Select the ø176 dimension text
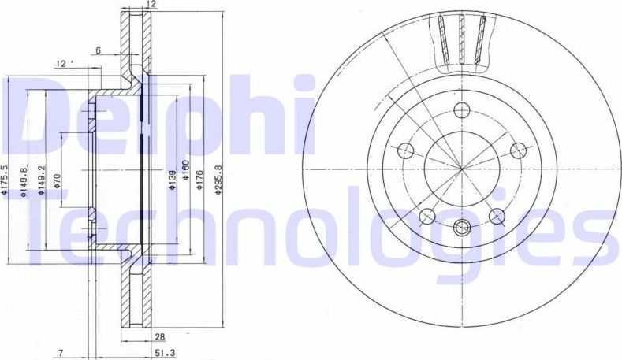point(200,180)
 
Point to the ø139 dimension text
point(169,180)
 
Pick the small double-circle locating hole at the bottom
point(462,229)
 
